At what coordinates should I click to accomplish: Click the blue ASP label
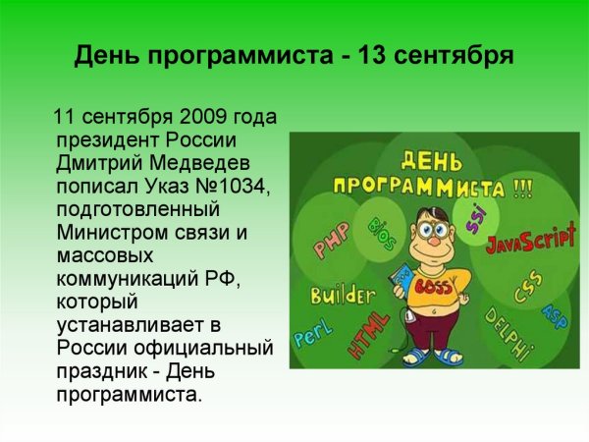pos(555,315)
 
